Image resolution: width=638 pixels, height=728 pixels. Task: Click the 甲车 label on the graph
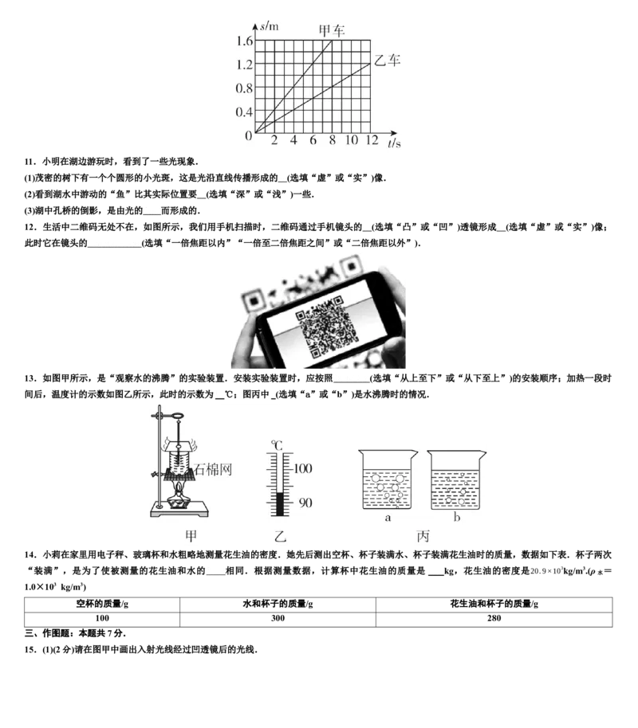tap(331, 30)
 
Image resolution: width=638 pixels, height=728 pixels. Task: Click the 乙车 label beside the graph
tap(387, 60)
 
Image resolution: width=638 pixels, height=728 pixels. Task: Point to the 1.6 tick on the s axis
tap(244, 41)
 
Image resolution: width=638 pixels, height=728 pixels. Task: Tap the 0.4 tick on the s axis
tap(244, 112)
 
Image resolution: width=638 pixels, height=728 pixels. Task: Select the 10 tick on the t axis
tap(352, 139)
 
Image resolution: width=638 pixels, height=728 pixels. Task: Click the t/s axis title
tap(394, 143)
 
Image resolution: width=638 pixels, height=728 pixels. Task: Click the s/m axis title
tap(270, 26)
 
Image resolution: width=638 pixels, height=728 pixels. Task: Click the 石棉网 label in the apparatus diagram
tap(212, 469)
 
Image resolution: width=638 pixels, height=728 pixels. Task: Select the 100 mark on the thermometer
tap(303, 468)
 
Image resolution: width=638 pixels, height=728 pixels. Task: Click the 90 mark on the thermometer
tap(305, 503)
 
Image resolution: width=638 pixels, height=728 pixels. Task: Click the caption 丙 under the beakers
tap(423, 536)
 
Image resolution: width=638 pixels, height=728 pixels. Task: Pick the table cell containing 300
tap(278, 618)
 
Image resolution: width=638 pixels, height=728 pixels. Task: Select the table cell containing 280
tap(494, 618)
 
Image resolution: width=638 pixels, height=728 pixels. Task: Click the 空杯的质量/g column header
tap(102, 604)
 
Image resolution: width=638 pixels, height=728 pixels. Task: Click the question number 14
tap(30, 555)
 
